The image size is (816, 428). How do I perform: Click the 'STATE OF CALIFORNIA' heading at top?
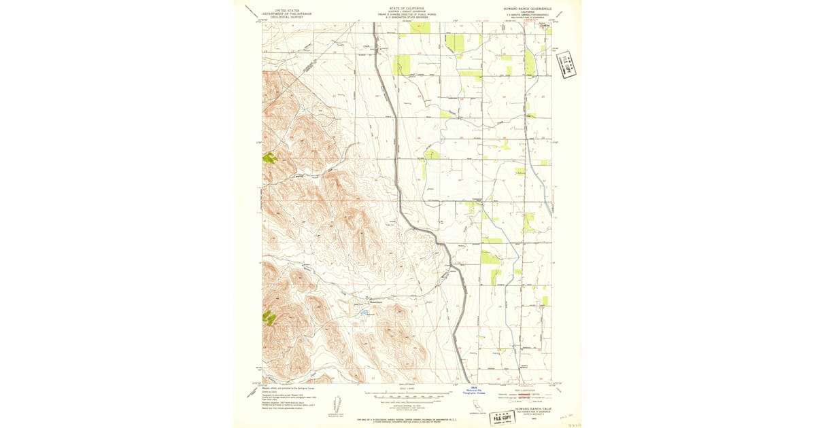click(407, 9)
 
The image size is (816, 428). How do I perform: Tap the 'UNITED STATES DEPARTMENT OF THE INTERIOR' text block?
click(286, 14)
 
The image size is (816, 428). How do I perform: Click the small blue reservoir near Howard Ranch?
click(364, 313)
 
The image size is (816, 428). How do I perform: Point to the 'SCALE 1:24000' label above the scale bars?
click(407, 389)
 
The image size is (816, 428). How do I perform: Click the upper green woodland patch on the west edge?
click(270, 158)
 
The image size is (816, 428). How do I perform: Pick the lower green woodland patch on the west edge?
click(269, 317)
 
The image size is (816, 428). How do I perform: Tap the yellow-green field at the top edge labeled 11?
click(420, 28)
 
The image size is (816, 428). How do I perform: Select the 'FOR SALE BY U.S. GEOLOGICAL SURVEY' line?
click(407, 421)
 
